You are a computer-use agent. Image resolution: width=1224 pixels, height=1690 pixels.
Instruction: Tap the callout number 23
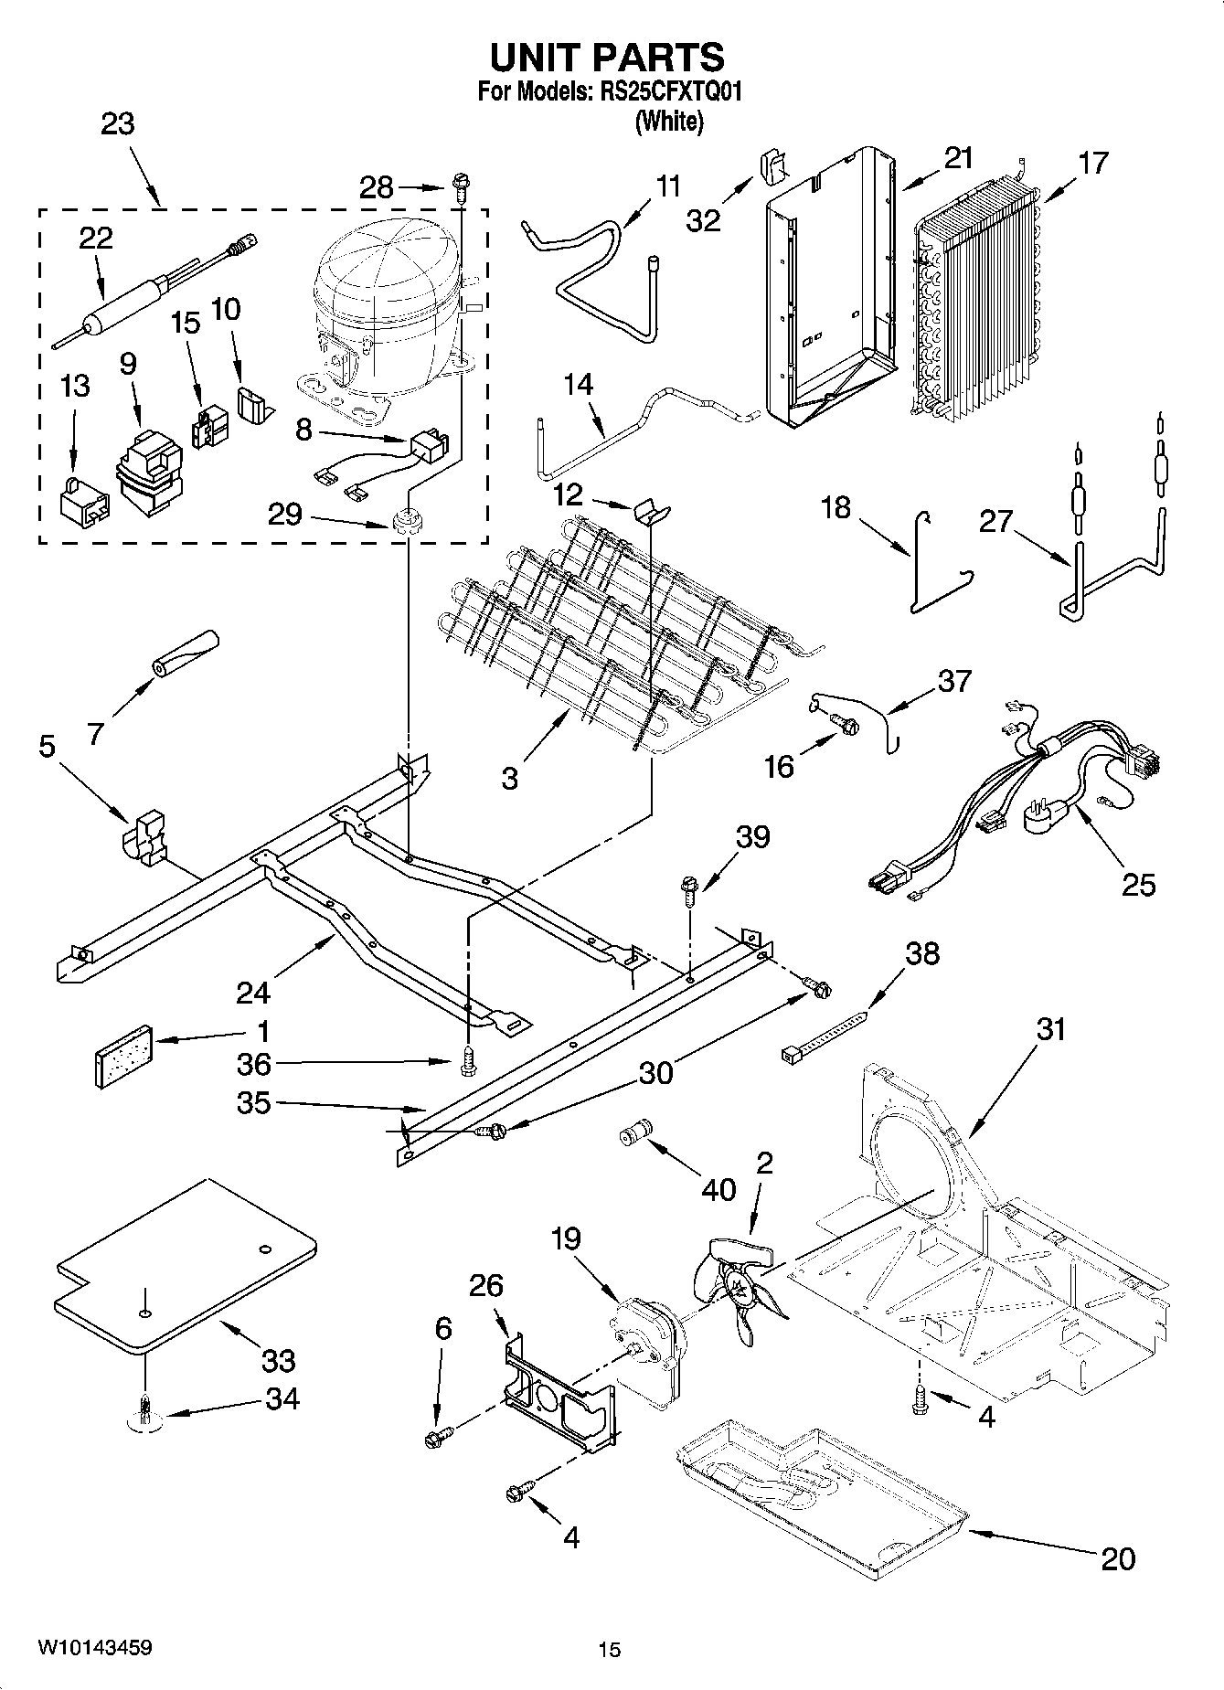pyautogui.click(x=117, y=123)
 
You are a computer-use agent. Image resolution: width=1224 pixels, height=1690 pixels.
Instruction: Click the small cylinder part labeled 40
pyautogui.click(x=633, y=1133)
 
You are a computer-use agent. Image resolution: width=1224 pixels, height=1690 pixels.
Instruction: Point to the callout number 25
pyautogui.click(x=1138, y=884)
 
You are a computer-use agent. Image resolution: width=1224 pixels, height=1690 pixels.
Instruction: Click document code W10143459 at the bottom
pyautogui.click(x=94, y=1647)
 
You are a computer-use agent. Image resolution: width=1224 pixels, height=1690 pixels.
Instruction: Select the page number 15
pyautogui.click(x=609, y=1649)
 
